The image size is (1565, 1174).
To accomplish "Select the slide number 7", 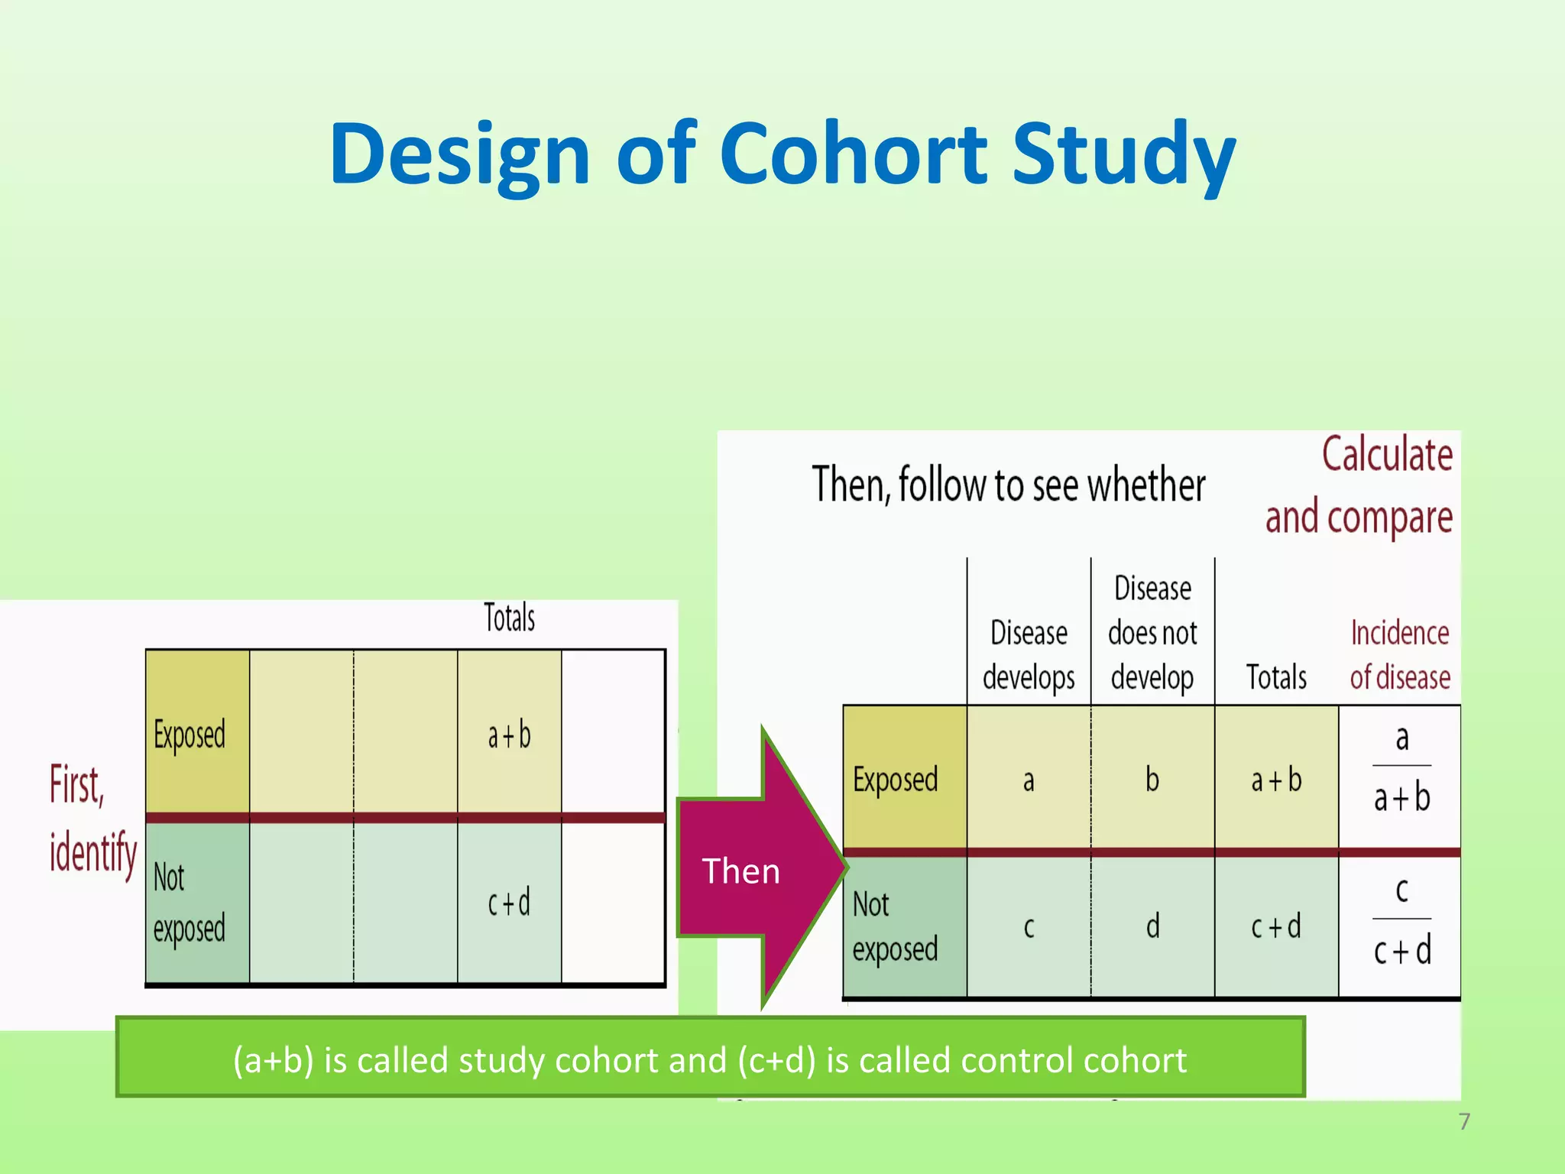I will point(1463,1121).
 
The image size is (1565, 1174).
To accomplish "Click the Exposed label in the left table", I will point(190,735).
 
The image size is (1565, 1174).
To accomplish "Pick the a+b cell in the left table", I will point(509,735).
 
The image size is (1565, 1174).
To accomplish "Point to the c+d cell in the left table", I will point(509,903).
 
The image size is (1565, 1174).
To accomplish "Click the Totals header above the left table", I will point(509,618).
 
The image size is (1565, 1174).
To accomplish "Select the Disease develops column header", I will point(1029,655).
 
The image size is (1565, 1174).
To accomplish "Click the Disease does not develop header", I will point(1152,633).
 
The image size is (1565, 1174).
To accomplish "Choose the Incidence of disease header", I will point(1399,655).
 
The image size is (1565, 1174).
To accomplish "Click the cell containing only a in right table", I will point(1029,780).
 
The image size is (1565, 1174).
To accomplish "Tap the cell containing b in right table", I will point(1152,780).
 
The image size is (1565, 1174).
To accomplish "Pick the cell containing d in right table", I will point(1152,926).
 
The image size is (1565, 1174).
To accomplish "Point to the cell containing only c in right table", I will point(1029,926).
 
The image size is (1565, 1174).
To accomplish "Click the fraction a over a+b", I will point(1401,768).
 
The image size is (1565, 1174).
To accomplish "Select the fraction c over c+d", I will point(1401,920).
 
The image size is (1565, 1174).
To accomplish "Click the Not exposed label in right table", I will point(895,926).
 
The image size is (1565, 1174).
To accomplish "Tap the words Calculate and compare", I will point(1360,486).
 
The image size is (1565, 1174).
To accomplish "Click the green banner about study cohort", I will point(710,1060).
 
